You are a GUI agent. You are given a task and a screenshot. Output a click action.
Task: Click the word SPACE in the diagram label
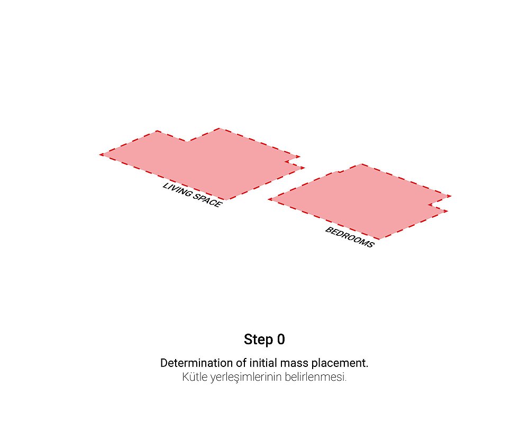pyautogui.click(x=207, y=200)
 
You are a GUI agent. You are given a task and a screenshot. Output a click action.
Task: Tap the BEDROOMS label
pyautogui.click(x=350, y=237)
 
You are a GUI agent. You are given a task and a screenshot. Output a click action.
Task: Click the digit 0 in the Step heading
pyautogui.click(x=281, y=339)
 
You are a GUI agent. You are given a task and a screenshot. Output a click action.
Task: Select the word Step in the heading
pyautogui.click(x=259, y=339)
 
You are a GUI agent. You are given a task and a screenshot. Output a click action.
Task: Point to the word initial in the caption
pyautogui.click(x=263, y=363)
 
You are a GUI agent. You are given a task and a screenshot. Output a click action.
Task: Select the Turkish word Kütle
pyautogui.click(x=195, y=376)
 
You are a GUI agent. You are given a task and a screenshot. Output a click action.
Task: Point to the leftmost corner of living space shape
pyautogui.click(x=100, y=154)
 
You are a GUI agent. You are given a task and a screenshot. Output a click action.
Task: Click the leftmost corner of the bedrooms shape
pyautogui.click(x=269, y=199)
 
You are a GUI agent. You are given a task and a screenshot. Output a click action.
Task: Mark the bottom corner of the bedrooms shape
pyautogui.click(x=379, y=239)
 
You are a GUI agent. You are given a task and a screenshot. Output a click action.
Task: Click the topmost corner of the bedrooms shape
pyautogui.click(x=362, y=164)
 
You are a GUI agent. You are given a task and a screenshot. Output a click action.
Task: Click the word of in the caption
pyautogui.click(x=241, y=363)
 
